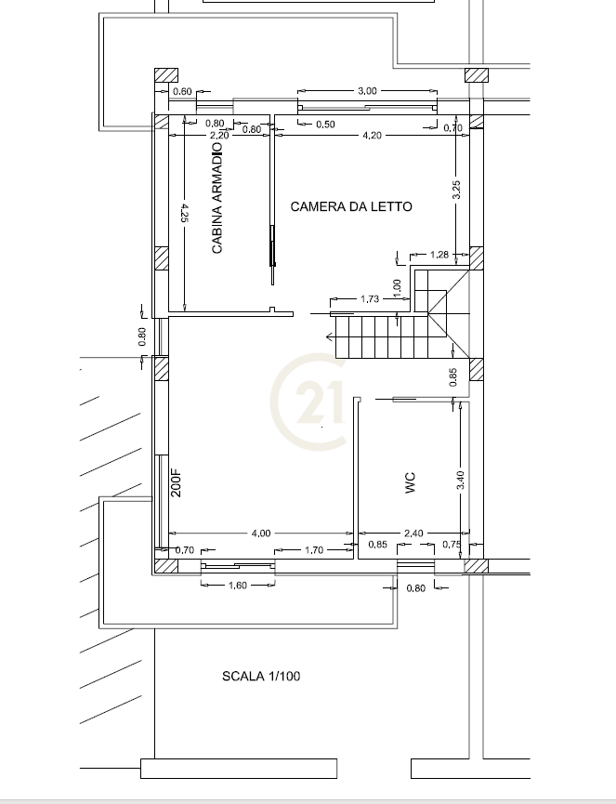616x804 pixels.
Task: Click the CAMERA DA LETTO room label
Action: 351,206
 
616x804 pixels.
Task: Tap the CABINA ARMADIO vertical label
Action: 217,198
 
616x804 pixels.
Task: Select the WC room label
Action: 411,483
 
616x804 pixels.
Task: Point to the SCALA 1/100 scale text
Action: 261,677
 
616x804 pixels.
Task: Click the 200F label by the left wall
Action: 176,482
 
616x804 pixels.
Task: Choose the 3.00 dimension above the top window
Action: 367,91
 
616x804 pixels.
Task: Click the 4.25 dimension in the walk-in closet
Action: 185,213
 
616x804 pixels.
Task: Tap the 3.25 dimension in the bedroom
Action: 456,190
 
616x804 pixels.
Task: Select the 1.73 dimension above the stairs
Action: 370,298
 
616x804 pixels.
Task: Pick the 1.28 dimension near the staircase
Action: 439,255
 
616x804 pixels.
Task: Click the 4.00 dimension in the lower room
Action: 261,534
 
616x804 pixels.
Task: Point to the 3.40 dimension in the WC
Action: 460,480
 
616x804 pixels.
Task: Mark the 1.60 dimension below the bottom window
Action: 238,585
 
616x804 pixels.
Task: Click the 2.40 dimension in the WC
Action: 413,534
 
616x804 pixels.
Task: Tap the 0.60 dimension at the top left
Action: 182,91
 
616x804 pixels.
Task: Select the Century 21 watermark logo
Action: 308,402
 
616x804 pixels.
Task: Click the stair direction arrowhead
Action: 330,336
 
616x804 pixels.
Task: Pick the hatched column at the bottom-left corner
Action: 166,566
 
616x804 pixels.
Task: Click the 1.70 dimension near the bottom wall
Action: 314,550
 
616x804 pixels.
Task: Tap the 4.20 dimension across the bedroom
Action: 372,136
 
